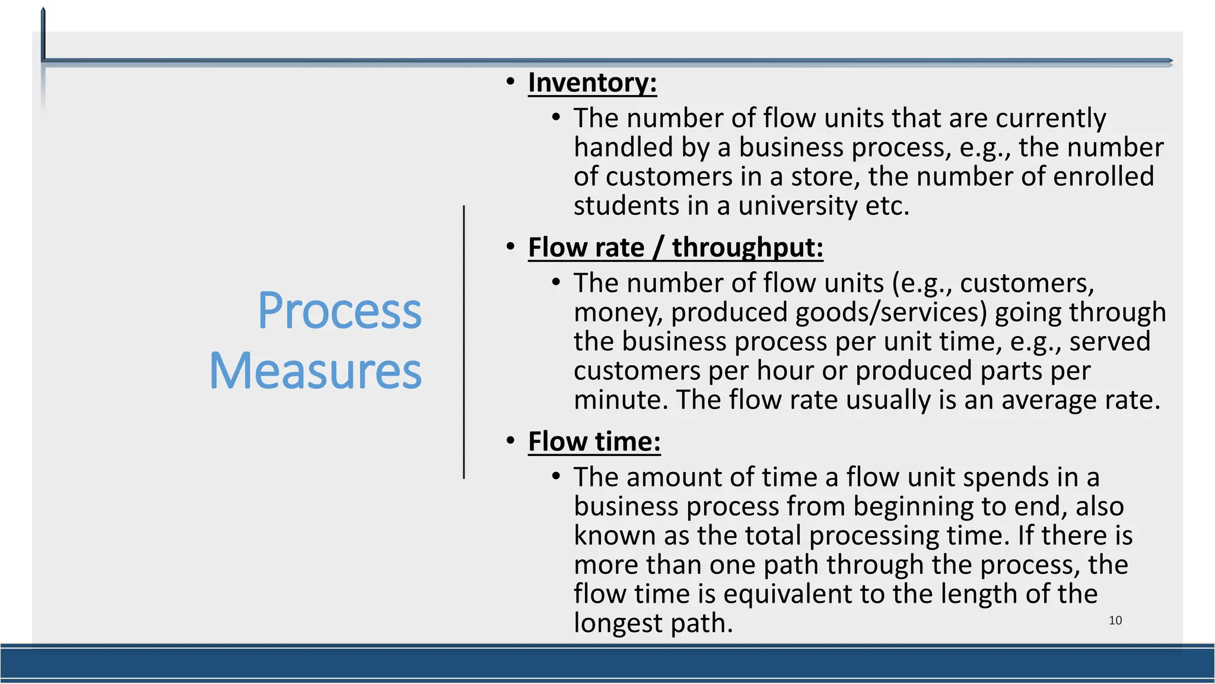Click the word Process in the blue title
click(339, 311)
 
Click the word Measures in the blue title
click(315, 371)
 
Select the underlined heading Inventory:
click(592, 83)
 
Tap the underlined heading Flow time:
click(594, 442)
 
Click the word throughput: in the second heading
click(748, 248)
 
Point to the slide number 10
click(1115, 620)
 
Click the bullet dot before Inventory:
click(510, 81)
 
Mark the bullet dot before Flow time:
click(510, 441)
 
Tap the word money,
click(618, 313)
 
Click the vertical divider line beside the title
click(464, 342)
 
